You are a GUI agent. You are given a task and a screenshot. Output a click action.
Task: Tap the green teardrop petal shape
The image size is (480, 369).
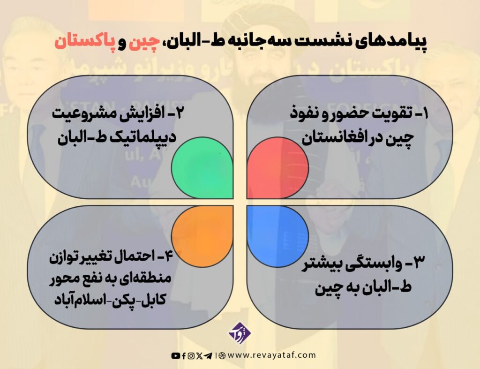203,168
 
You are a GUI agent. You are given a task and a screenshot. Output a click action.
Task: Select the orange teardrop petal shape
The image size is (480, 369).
203,235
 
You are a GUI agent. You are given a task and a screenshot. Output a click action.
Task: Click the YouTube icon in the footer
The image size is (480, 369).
175,356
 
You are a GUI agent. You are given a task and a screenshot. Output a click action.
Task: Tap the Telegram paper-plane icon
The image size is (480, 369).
208,356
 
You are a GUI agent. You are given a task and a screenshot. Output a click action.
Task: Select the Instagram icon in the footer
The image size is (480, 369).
191,356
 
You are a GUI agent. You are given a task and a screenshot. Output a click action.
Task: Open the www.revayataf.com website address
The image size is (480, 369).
271,355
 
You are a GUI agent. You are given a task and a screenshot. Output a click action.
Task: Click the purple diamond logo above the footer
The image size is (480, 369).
240,333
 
